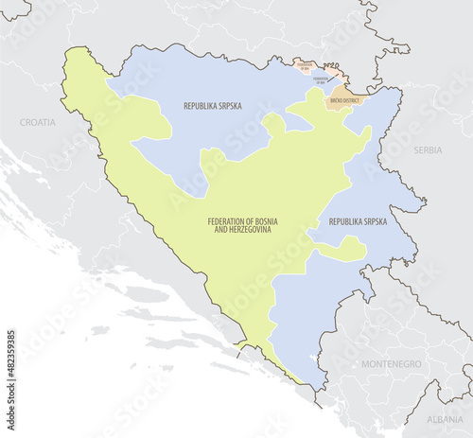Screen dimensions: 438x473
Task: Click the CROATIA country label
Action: coord(37,122)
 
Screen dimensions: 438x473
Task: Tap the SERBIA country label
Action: coord(428,150)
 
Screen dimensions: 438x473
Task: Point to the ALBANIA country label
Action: coord(445,418)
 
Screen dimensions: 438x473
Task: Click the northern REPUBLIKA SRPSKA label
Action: coord(212,106)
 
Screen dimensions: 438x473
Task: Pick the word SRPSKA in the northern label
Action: coord(227,106)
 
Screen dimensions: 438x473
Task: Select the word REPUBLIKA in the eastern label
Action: coord(346,220)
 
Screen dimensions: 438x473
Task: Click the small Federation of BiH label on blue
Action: coord(321,80)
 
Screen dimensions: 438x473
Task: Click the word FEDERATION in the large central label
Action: coord(230,220)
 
